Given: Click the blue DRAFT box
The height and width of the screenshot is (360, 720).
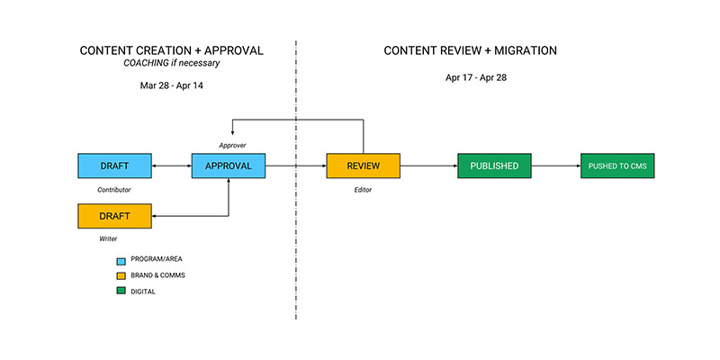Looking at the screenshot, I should (114, 166).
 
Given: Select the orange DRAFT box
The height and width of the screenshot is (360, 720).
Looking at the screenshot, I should (114, 216).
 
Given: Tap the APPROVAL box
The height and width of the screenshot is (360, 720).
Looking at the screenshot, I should (229, 166).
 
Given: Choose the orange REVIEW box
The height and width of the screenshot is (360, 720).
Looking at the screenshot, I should (363, 166).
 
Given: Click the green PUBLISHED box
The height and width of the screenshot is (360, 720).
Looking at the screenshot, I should (494, 166).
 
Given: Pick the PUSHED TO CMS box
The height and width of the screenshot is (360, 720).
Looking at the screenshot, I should (617, 166).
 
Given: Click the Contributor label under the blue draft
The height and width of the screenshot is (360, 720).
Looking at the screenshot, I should (114, 190).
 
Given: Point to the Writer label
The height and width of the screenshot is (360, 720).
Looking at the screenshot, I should (108, 239).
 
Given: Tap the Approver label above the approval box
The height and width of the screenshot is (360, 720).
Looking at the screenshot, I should (232, 144).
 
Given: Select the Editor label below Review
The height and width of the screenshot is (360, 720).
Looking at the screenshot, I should (363, 190).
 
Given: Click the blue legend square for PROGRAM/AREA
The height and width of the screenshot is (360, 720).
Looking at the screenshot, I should (120, 259).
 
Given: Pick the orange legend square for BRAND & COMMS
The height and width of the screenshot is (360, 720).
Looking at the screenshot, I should (120, 274).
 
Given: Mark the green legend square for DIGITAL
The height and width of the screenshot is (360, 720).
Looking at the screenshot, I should (120, 291).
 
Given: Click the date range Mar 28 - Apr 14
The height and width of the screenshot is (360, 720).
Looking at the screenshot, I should (171, 85).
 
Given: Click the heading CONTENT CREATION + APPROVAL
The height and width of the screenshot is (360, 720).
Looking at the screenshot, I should (171, 50).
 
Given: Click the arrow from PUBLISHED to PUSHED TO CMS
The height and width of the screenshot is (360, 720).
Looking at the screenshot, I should (556, 166).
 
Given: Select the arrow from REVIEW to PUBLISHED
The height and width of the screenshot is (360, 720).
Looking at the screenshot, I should (428, 166).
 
